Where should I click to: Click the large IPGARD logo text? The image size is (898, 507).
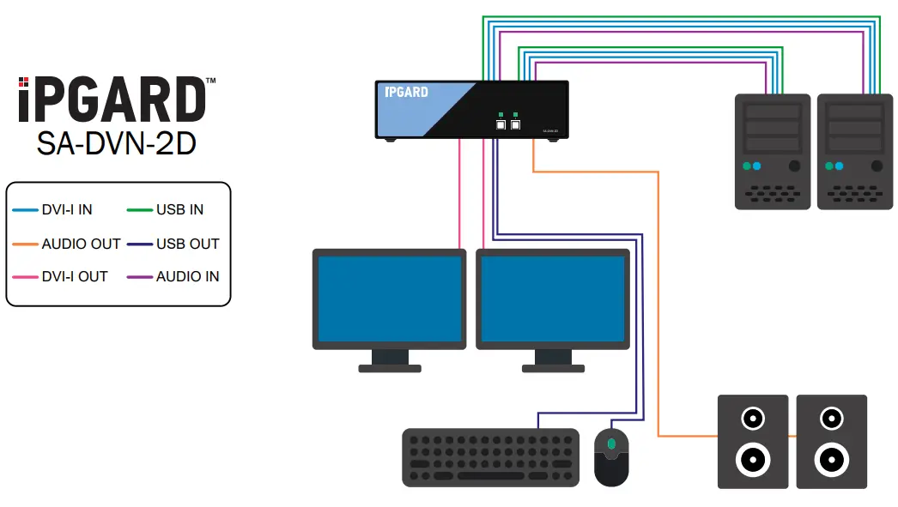112,100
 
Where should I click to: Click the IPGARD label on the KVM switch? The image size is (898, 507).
406,92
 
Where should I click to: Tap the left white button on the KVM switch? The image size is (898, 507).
501,124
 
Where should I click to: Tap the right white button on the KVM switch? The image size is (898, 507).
515,124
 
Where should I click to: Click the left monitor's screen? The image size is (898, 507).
390,299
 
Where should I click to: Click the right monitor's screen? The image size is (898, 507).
553,299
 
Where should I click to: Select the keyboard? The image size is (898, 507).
490,457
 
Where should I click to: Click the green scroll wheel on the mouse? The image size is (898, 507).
611,444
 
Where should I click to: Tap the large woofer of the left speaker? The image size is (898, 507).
752,460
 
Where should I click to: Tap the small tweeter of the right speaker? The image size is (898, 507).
831,419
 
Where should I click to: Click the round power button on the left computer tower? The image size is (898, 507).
794,166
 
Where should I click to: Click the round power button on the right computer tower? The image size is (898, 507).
876,166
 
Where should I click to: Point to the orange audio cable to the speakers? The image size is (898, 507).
658,300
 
